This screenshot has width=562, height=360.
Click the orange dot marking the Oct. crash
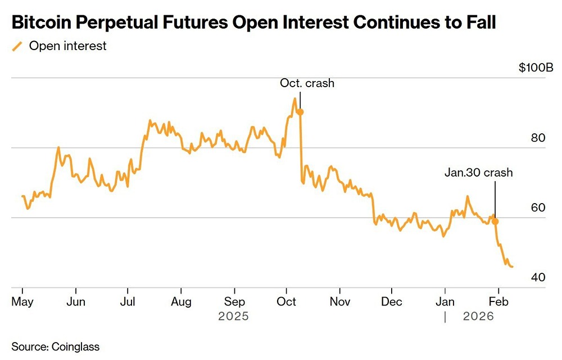[300, 112]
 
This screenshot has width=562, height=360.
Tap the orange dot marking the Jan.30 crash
[495, 222]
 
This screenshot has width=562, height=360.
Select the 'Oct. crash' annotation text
[307, 83]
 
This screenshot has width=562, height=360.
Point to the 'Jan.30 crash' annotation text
[478, 173]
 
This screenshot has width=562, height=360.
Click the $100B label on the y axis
[536, 68]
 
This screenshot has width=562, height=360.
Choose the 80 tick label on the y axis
[538, 138]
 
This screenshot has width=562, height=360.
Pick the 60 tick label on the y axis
[538, 208]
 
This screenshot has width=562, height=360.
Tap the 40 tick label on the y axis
[538, 277]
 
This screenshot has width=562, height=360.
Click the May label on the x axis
[22, 302]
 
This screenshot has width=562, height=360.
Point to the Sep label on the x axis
[234, 302]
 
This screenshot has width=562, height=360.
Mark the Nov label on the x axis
[339, 302]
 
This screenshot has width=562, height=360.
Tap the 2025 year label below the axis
[233, 317]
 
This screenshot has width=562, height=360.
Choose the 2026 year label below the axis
[478, 317]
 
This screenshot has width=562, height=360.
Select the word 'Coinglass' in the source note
[75, 345]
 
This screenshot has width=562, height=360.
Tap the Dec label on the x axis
[392, 302]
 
